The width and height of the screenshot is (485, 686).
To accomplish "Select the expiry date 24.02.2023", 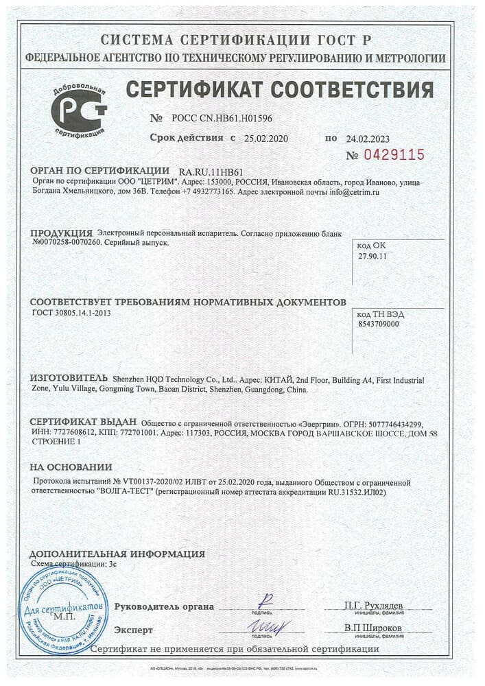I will tap(369, 138).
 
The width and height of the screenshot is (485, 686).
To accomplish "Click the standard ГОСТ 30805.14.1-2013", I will tap(71, 313).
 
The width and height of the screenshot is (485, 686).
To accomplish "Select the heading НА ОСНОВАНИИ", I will tap(71, 466).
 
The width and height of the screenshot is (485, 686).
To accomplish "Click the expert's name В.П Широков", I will tap(372, 629).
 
